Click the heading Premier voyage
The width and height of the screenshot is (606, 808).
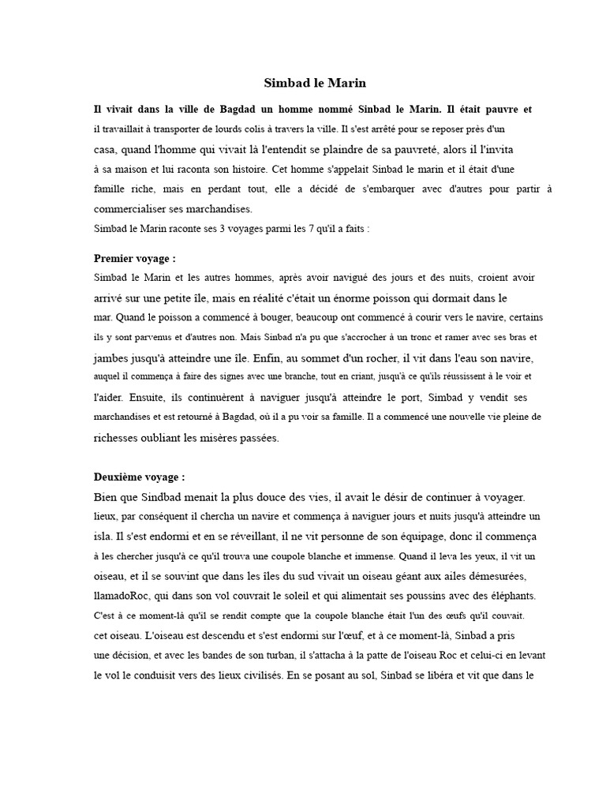[134, 258]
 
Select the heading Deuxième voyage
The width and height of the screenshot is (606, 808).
[139, 477]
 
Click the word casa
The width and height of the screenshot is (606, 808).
[105, 148]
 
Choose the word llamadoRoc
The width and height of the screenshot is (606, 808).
[122, 596]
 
